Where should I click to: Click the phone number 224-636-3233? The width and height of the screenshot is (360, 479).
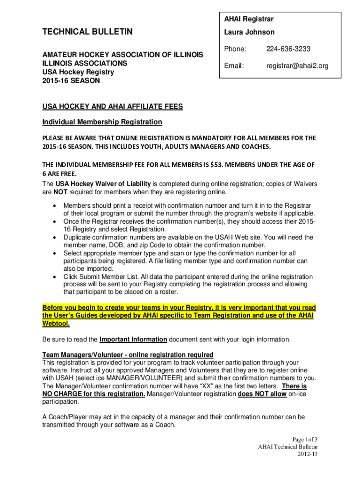pyautogui.click(x=288, y=49)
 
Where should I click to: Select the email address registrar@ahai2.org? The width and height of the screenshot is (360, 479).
pyautogui.click(x=297, y=66)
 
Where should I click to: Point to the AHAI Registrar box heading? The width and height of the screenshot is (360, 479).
pyautogui.click(x=249, y=19)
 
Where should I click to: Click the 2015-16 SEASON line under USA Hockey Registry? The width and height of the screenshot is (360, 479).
pyautogui.click(x=71, y=80)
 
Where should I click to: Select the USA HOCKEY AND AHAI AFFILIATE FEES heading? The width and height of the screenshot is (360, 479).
pyautogui.click(x=112, y=107)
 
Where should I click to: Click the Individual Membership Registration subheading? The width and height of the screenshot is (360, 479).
pyautogui.click(x=102, y=122)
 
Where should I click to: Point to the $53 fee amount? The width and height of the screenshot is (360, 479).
pyautogui.click(x=216, y=165)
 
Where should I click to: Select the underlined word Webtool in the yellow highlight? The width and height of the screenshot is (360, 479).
pyautogui.click(x=56, y=323)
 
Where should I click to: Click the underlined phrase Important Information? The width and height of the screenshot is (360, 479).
pyautogui.click(x=133, y=339)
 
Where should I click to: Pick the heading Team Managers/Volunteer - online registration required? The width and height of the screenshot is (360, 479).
pyautogui.click(x=128, y=355)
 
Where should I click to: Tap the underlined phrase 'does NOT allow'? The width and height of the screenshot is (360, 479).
pyautogui.click(x=262, y=394)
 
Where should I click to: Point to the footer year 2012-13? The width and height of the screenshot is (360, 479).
pyautogui.click(x=308, y=454)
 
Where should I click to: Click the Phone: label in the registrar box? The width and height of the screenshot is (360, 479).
pyautogui.click(x=235, y=49)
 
